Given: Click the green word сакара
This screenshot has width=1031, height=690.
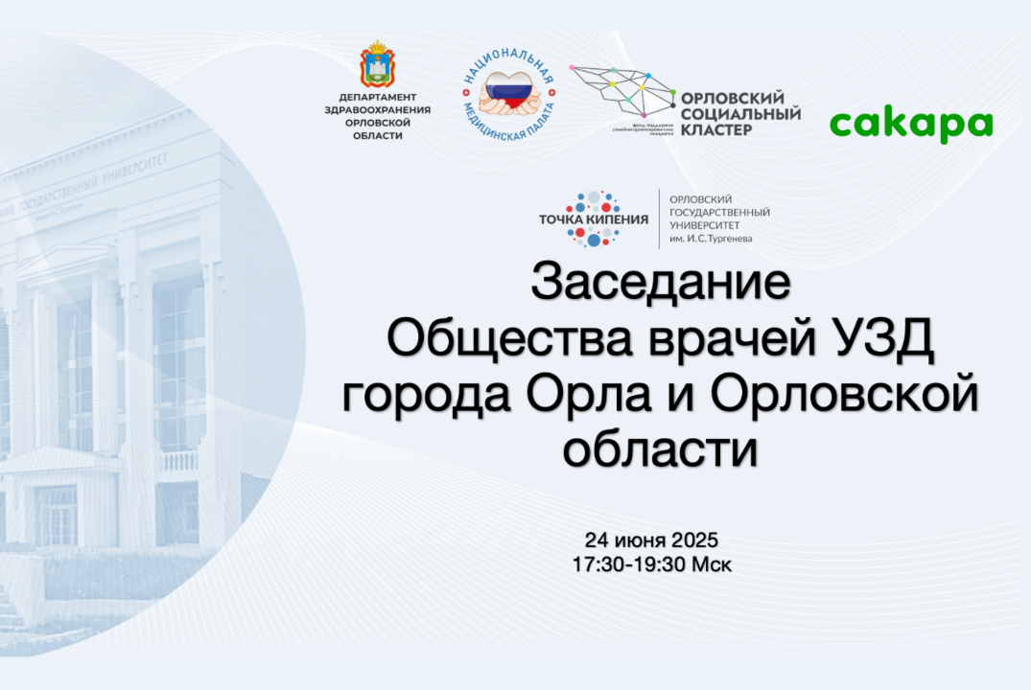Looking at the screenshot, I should pyautogui.click(x=910, y=125).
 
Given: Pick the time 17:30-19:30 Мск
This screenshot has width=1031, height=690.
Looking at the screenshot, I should pyautogui.click(x=651, y=564).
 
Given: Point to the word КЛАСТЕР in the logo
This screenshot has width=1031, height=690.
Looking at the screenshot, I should pyautogui.click(x=716, y=130).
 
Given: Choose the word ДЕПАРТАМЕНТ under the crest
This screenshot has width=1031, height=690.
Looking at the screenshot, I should pyautogui.click(x=377, y=98).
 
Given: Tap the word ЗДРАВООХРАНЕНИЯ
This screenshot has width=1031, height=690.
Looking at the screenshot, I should pyautogui.click(x=377, y=110).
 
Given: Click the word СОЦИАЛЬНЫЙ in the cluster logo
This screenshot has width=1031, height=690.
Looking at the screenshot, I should pyautogui.click(x=739, y=114).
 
